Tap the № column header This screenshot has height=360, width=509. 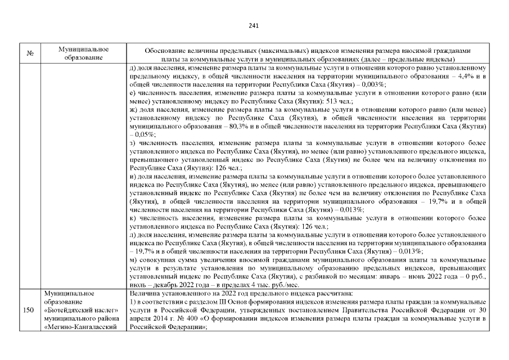point(29,53)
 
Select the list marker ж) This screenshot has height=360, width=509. point(133,111)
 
